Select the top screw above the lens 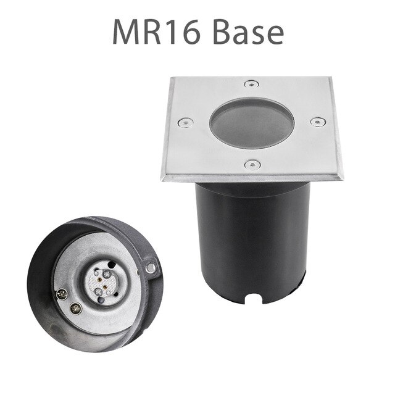[249, 83]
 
